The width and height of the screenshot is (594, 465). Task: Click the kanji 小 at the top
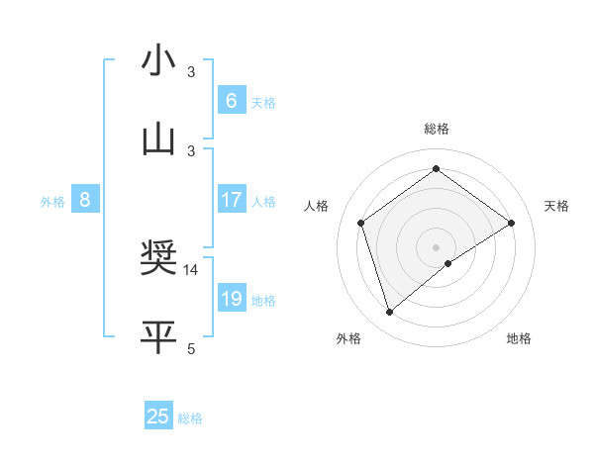pyautogui.click(x=159, y=61)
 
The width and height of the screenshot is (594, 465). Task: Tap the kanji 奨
pyautogui.click(x=159, y=259)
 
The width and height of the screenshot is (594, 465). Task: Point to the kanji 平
pyautogui.click(x=159, y=336)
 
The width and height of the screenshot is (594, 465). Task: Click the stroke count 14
pyautogui.click(x=191, y=269)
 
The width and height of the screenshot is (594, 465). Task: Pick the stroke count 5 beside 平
pyautogui.click(x=191, y=347)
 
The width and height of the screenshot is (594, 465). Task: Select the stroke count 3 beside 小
pyautogui.click(x=191, y=72)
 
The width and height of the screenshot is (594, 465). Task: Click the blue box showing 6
pyautogui.click(x=231, y=101)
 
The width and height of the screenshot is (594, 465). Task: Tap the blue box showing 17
pyautogui.click(x=231, y=201)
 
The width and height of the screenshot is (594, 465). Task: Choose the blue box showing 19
pyautogui.click(x=231, y=299)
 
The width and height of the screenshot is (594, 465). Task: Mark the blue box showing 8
pyautogui.click(x=85, y=201)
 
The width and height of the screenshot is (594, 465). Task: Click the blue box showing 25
pyautogui.click(x=158, y=417)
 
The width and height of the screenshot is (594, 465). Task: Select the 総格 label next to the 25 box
pyautogui.click(x=190, y=418)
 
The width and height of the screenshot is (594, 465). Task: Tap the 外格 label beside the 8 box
pyautogui.click(x=52, y=202)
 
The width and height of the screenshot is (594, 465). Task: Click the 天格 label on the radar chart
pyautogui.click(x=556, y=206)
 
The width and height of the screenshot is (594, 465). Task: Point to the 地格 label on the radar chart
pyautogui.click(x=519, y=338)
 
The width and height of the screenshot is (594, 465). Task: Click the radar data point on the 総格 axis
pyautogui.click(x=436, y=169)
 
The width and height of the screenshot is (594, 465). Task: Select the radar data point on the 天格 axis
pyautogui.click(x=511, y=223)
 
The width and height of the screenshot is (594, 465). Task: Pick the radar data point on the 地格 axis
pyautogui.click(x=448, y=263)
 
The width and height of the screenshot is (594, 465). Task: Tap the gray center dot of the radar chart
pyautogui.click(x=436, y=246)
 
